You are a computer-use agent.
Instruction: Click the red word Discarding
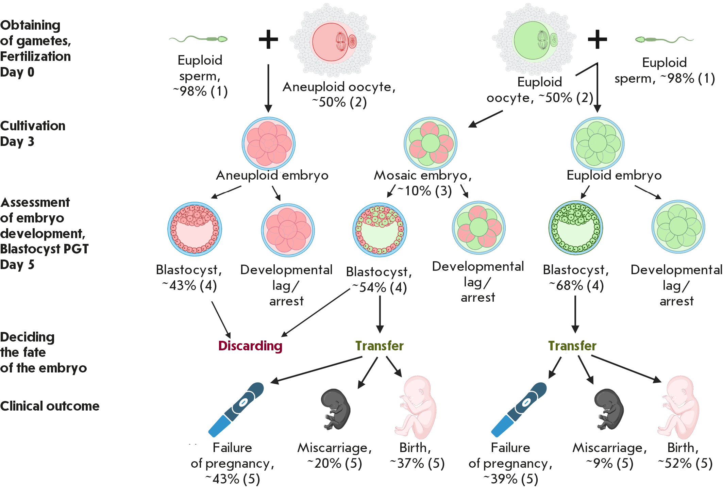coord(250,346)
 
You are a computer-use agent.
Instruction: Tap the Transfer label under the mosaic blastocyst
coord(380,346)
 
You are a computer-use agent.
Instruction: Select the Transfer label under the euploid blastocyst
coord(572,346)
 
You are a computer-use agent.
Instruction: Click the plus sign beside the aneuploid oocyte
coord(268,39)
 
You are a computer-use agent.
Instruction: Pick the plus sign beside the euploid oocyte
coord(597,39)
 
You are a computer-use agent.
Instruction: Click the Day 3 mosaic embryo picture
coord(431,144)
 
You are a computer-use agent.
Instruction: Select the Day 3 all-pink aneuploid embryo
coord(269,144)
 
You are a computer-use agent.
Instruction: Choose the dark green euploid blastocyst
coord(575,228)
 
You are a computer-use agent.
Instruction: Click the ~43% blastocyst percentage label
coord(189,285)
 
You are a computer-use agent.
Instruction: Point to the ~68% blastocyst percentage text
coord(576,285)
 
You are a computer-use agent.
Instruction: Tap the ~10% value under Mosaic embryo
coord(424,191)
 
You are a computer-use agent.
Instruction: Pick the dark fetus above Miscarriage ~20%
coord(336,409)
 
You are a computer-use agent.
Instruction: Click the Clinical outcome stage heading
coord(50,406)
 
